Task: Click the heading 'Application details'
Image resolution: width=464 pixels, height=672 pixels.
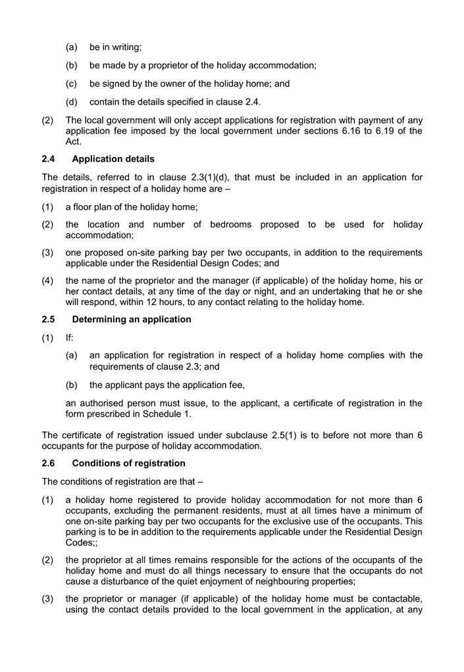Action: (113, 159)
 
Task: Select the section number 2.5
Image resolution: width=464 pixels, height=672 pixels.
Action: (49, 320)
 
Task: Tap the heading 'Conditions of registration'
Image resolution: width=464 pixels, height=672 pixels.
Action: (128, 464)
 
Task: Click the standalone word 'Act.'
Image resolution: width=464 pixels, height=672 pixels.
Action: (74, 141)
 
